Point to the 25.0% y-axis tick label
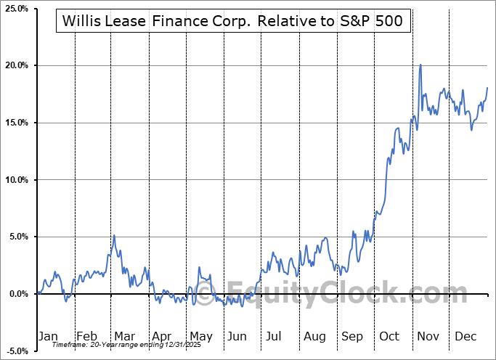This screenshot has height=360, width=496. (16, 9)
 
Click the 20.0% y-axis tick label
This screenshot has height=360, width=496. (16, 66)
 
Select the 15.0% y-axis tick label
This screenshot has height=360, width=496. (16, 123)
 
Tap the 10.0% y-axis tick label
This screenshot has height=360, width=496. (16, 180)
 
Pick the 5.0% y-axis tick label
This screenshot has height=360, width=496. (17, 237)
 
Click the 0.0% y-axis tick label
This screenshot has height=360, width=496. (17, 294)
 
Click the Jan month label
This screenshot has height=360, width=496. (47, 336)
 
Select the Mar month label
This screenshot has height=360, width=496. (124, 336)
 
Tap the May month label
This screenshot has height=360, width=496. (200, 336)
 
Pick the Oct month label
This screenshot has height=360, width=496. (390, 336)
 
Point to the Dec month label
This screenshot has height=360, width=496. (465, 336)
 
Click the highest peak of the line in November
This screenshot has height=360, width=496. (420, 65)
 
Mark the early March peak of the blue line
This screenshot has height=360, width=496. (114, 235)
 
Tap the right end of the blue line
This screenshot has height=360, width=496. (487, 88)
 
